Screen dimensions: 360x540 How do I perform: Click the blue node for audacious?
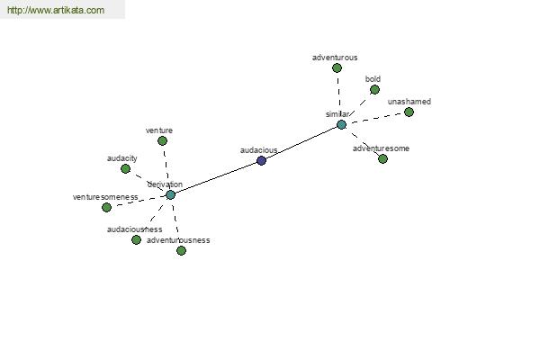tap(261, 160)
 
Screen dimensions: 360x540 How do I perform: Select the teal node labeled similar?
tap(341, 124)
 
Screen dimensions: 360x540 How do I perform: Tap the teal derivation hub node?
tap(170, 194)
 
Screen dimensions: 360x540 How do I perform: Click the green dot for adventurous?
tap(337, 67)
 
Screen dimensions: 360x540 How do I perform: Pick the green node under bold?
tap(374, 89)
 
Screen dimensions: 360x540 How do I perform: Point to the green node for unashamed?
tap(409, 112)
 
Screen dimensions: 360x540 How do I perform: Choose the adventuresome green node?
tap(382, 158)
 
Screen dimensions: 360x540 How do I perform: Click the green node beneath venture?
tap(162, 140)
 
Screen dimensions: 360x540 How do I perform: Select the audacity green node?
tap(125, 168)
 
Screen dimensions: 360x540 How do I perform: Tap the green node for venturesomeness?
tap(106, 207)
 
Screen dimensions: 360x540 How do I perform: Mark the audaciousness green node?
tap(136, 239)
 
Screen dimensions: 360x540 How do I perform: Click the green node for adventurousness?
tap(181, 250)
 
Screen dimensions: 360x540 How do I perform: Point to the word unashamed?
tap(409, 102)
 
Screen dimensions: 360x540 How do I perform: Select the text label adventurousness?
tap(178, 240)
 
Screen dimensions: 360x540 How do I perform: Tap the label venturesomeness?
tap(105, 197)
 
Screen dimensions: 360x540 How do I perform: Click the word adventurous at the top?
tap(335, 58)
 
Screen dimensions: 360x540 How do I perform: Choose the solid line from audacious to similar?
tap(301, 142)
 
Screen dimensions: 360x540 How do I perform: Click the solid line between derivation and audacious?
tap(216, 177)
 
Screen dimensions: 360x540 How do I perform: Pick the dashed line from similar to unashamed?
tap(375, 118)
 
